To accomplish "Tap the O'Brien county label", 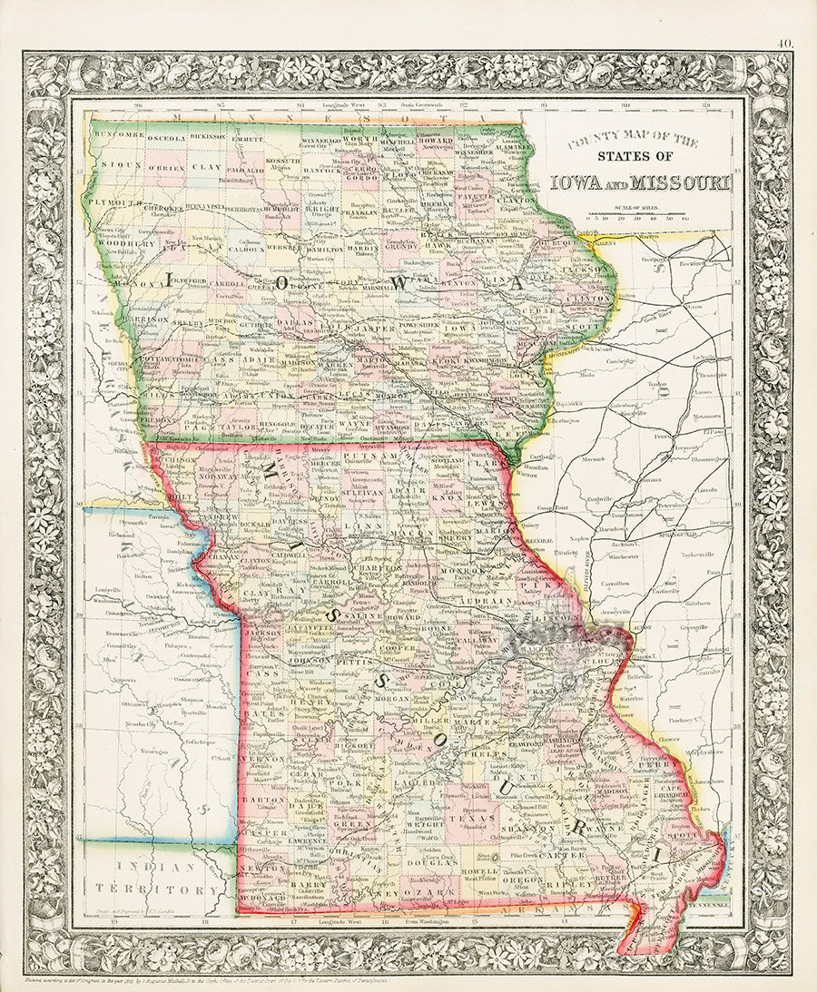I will [x=165, y=169].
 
